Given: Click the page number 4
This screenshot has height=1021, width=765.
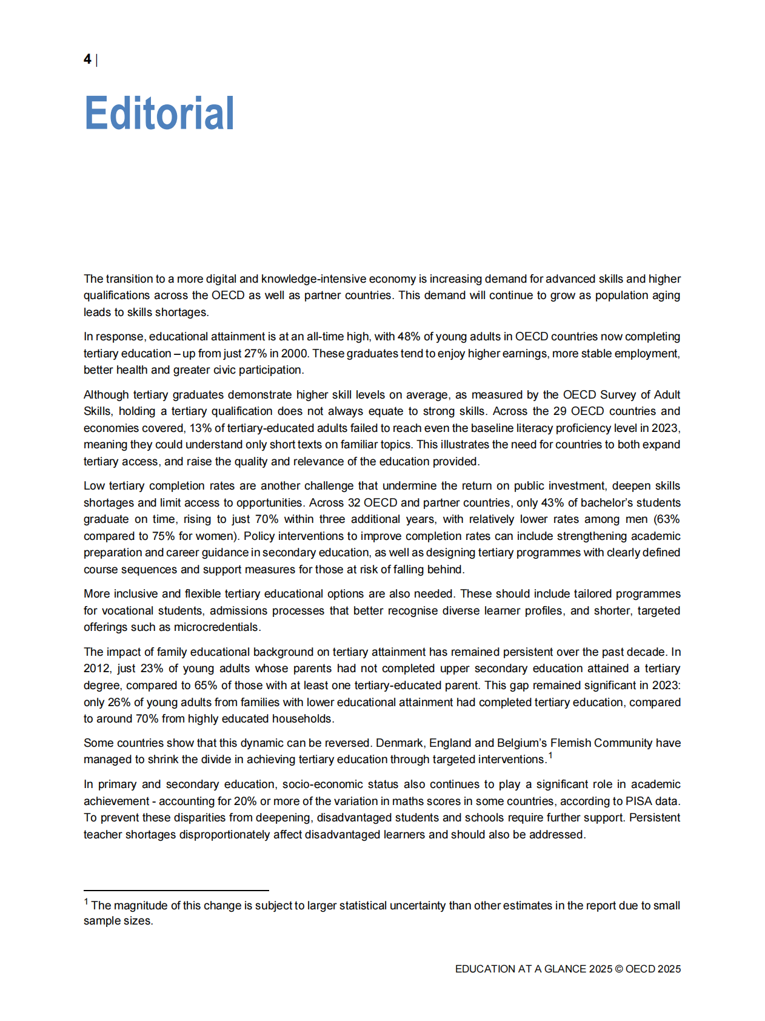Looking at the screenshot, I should (x=87, y=59).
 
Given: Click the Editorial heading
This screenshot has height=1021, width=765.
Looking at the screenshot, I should (x=159, y=113).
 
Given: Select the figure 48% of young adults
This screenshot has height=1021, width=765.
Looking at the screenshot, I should (x=409, y=337).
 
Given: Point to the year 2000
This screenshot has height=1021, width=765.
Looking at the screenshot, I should (x=294, y=354).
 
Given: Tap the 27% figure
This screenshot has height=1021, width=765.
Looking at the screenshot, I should (x=255, y=354).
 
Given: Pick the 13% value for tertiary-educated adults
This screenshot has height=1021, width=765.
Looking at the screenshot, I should (x=200, y=428).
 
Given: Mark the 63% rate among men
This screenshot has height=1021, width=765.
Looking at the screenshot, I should (x=667, y=519).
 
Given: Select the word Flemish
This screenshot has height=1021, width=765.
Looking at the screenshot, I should (x=570, y=743).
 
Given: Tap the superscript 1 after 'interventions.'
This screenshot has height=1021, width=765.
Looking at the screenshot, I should (x=550, y=755).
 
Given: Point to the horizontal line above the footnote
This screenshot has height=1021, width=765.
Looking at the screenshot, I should (x=176, y=891).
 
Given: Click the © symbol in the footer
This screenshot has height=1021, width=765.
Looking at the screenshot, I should (x=619, y=969).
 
